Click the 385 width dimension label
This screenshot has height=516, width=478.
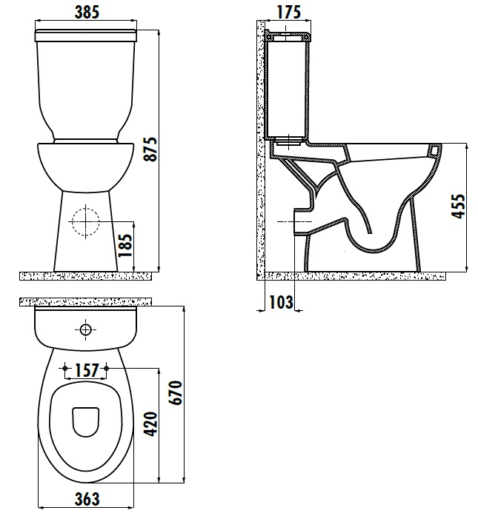[x=87, y=12]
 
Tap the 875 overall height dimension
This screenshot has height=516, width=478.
[x=150, y=149]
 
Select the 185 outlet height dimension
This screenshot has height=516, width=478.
[x=125, y=246]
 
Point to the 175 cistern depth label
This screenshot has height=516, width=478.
[x=288, y=12]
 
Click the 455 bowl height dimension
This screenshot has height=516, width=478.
[x=458, y=206]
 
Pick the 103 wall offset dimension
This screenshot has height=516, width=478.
[x=281, y=302]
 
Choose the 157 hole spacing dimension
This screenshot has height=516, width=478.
[x=87, y=370]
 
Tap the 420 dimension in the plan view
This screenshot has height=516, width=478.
[x=151, y=424]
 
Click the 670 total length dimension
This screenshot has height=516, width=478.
[x=175, y=392]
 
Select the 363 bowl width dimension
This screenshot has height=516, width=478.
[x=87, y=499]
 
